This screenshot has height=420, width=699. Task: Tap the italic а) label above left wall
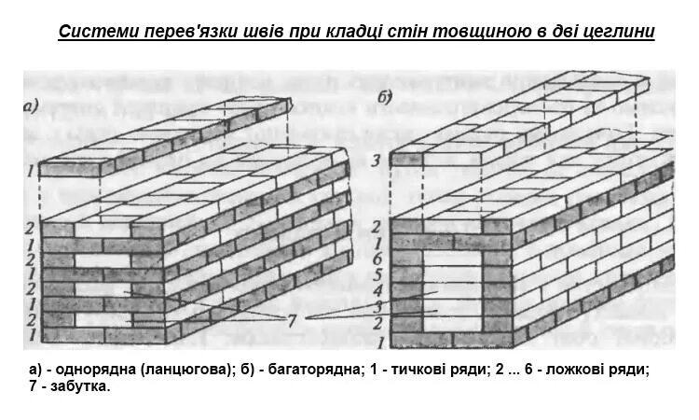tap(30, 106)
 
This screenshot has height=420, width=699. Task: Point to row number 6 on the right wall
tap(376, 259)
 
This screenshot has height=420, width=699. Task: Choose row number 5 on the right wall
tap(376, 275)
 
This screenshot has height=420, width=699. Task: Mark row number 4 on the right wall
tap(376, 291)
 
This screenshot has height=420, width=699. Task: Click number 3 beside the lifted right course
tap(376, 161)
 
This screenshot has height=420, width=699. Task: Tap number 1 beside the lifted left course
tap(31, 171)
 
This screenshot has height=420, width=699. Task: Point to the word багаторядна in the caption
tap(308, 370)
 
